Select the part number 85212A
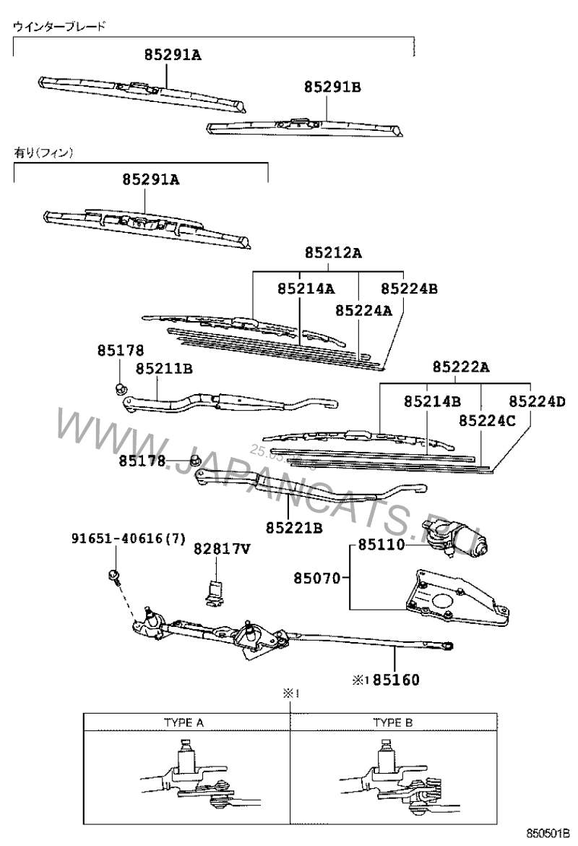point(332,253)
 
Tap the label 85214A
point(306,289)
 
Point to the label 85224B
point(410,289)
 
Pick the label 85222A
point(461,367)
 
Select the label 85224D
point(538,401)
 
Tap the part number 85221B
point(293,529)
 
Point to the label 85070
point(317,578)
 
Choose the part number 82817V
point(221,550)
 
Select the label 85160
point(397,680)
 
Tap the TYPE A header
point(184,722)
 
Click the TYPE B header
point(393,722)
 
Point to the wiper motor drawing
point(454,539)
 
